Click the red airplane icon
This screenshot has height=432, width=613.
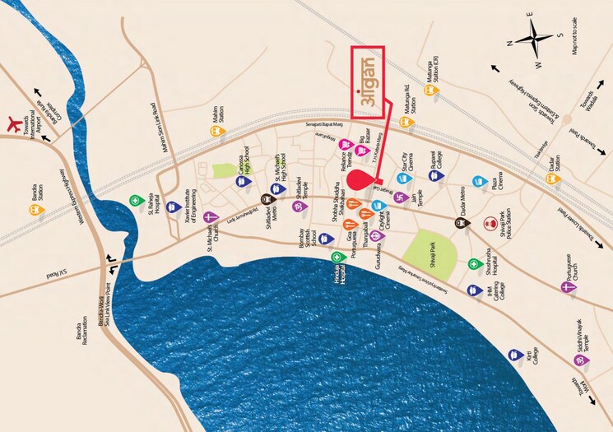tap(12, 124)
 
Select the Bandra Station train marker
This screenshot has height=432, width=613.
tap(35, 209)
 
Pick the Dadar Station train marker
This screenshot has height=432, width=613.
tap(552, 179)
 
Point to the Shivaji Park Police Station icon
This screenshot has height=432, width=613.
tap(490, 222)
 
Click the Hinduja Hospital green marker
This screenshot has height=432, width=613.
tap(337, 258)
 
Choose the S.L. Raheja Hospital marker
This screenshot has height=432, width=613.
tap(135, 200)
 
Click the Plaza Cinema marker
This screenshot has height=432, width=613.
tap(478, 181)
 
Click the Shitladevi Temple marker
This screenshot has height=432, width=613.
tap(297, 206)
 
